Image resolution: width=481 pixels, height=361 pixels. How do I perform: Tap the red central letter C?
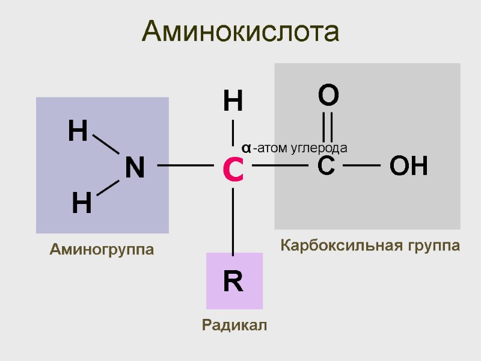(233, 170)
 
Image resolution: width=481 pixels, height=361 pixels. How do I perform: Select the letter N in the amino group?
(135, 168)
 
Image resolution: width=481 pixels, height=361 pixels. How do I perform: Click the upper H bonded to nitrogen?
(78, 131)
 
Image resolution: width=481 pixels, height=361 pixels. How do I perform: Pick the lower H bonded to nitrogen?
(82, 205)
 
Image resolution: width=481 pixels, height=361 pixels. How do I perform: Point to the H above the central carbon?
(233, 101)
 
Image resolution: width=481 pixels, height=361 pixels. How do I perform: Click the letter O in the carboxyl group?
(328, 96)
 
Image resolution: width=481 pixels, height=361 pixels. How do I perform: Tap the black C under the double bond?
(326, 165)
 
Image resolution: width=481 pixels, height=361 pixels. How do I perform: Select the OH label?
(409, 166)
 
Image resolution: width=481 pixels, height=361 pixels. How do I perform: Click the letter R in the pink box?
(233, 282)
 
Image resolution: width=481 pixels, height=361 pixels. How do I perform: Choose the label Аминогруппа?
(102, 249)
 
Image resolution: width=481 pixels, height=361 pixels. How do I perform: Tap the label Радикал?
(234, 326)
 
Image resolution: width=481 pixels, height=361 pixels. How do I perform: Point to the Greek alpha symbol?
(247, 147)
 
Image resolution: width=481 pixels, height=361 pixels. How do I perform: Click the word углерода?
(319, 147)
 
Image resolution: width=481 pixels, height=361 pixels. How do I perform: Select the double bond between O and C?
(328, 129)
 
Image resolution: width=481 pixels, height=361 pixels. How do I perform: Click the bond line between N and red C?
(185, 165)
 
